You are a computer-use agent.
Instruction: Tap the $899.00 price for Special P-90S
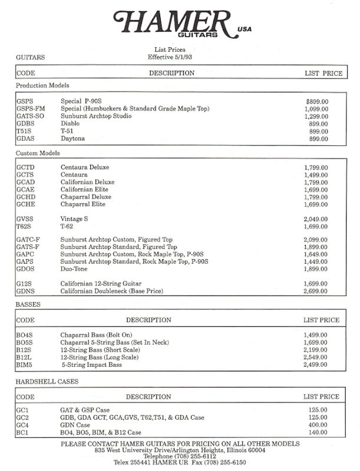click(x=318, y=101)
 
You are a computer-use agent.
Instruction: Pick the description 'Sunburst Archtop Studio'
click(x=96, y=117)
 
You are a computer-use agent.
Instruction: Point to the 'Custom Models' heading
click(x=38, y=153)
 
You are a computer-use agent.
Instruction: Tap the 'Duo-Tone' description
click(x=74, y=269)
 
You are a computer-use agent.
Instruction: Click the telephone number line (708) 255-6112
click(x=180, y=456)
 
